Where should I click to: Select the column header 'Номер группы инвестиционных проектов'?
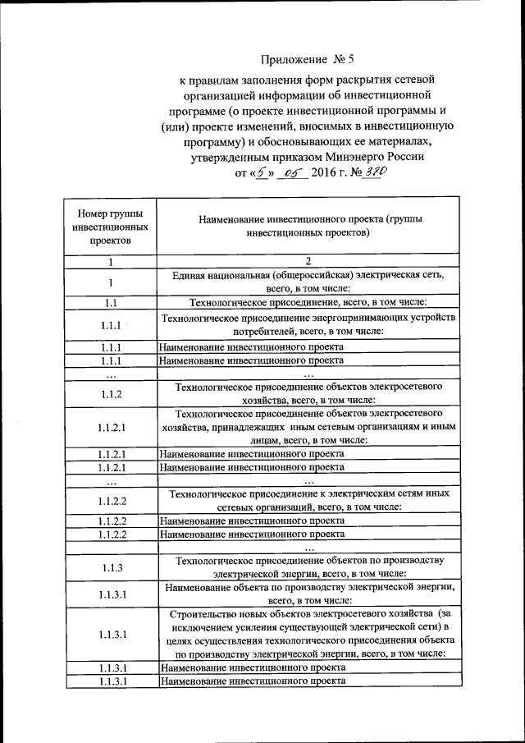(110, 226)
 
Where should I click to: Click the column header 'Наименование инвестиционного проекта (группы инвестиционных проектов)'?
(308, 226)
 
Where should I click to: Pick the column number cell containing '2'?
(308, 262)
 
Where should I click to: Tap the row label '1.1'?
(110, 302)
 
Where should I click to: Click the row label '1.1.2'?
(110, 394)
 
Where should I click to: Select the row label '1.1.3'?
(110, 567)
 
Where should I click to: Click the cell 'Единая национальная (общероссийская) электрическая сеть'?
(308, 282)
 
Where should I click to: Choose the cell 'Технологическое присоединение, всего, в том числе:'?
(308, 302)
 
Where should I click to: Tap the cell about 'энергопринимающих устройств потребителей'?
(308, 324)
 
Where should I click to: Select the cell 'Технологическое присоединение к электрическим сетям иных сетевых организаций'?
(308, 501)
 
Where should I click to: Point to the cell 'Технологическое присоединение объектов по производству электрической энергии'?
(308, 567)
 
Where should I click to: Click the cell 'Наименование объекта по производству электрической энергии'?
(308, 594)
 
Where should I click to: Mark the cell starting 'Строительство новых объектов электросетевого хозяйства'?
(308, 634)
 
